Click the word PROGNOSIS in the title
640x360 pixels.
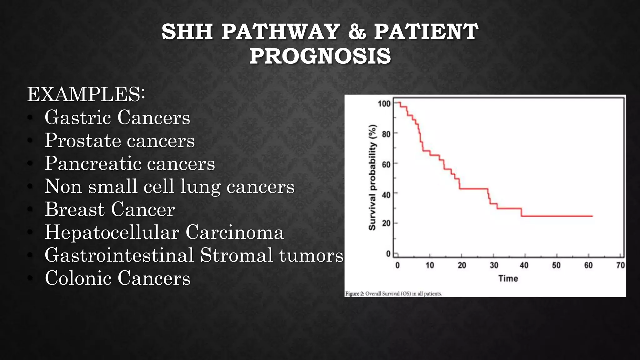pos(320,56)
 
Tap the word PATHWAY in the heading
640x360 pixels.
pos(280,32)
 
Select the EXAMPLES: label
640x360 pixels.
pos(86,94)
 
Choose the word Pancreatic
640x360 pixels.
pos(93,163)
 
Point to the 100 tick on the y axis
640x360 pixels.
pos(384,103)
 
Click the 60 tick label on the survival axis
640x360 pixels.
pos(386,164)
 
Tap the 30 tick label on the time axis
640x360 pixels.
pos(494,265)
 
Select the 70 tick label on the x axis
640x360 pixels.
pos(620,265)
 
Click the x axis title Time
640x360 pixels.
pos(508,278)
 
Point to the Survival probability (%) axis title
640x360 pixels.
pos(372,177)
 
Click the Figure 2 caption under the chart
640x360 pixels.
pos(393,294)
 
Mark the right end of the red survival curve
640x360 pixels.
pos(592,216)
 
